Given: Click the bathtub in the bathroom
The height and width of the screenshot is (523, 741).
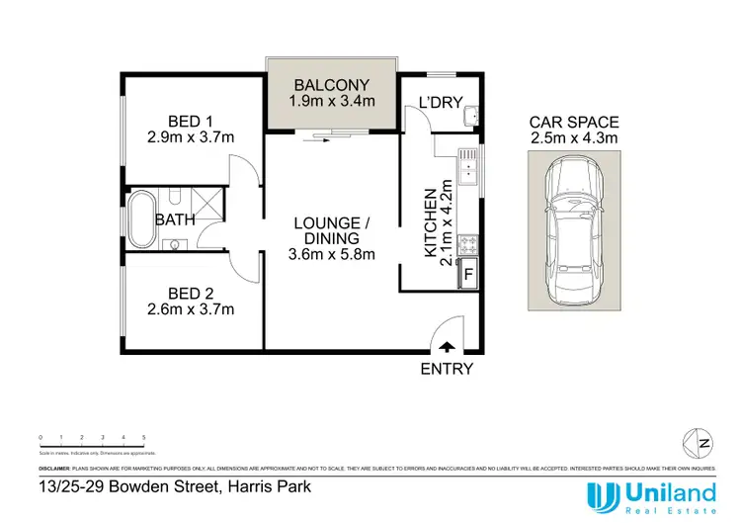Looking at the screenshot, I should click(x=140, y=219).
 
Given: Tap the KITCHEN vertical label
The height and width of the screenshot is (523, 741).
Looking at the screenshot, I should click(x=430, y=222).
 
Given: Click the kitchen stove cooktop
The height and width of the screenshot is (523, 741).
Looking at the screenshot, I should click(x=467, y=243).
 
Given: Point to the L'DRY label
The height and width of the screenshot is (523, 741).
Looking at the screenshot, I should click(x=436, y=103).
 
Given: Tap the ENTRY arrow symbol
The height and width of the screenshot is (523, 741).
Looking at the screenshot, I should click(x=446, y=346).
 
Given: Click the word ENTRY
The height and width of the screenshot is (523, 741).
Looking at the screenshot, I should click(x=447, y=369).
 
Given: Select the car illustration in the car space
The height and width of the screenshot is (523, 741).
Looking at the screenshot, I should click(x=573, y=232).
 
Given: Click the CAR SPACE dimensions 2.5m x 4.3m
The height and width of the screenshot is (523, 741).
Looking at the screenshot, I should click(x=573, y=138).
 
